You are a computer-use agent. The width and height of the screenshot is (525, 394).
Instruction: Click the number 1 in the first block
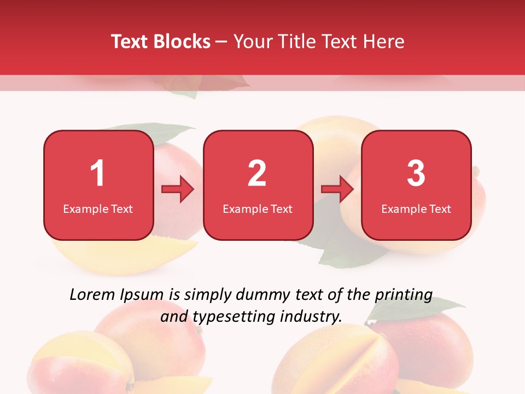pyautogui.click(x=98, y=173)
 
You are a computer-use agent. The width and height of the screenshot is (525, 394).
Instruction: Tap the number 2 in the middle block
pyautogui.click(x=257, y=173)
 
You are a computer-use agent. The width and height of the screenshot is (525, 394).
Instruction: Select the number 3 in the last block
pyautogui.click(x=416, y=173)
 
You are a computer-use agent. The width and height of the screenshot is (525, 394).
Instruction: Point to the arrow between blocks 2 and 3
pyautogui.click(x=337, y=189)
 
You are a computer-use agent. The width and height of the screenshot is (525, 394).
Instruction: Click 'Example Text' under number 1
pyautogui.click(x=98, y=209)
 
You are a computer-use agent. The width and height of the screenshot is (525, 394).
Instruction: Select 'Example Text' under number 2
pyautogui.click(x=258, y=209)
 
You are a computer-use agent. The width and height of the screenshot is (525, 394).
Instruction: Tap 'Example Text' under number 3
pyautogui.click(x=416, y=209)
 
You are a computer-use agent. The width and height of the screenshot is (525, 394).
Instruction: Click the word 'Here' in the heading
pyautogui.click(x=384, y=42)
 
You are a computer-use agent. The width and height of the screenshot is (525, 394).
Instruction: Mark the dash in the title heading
pyautogui.click(x=222, y=42)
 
